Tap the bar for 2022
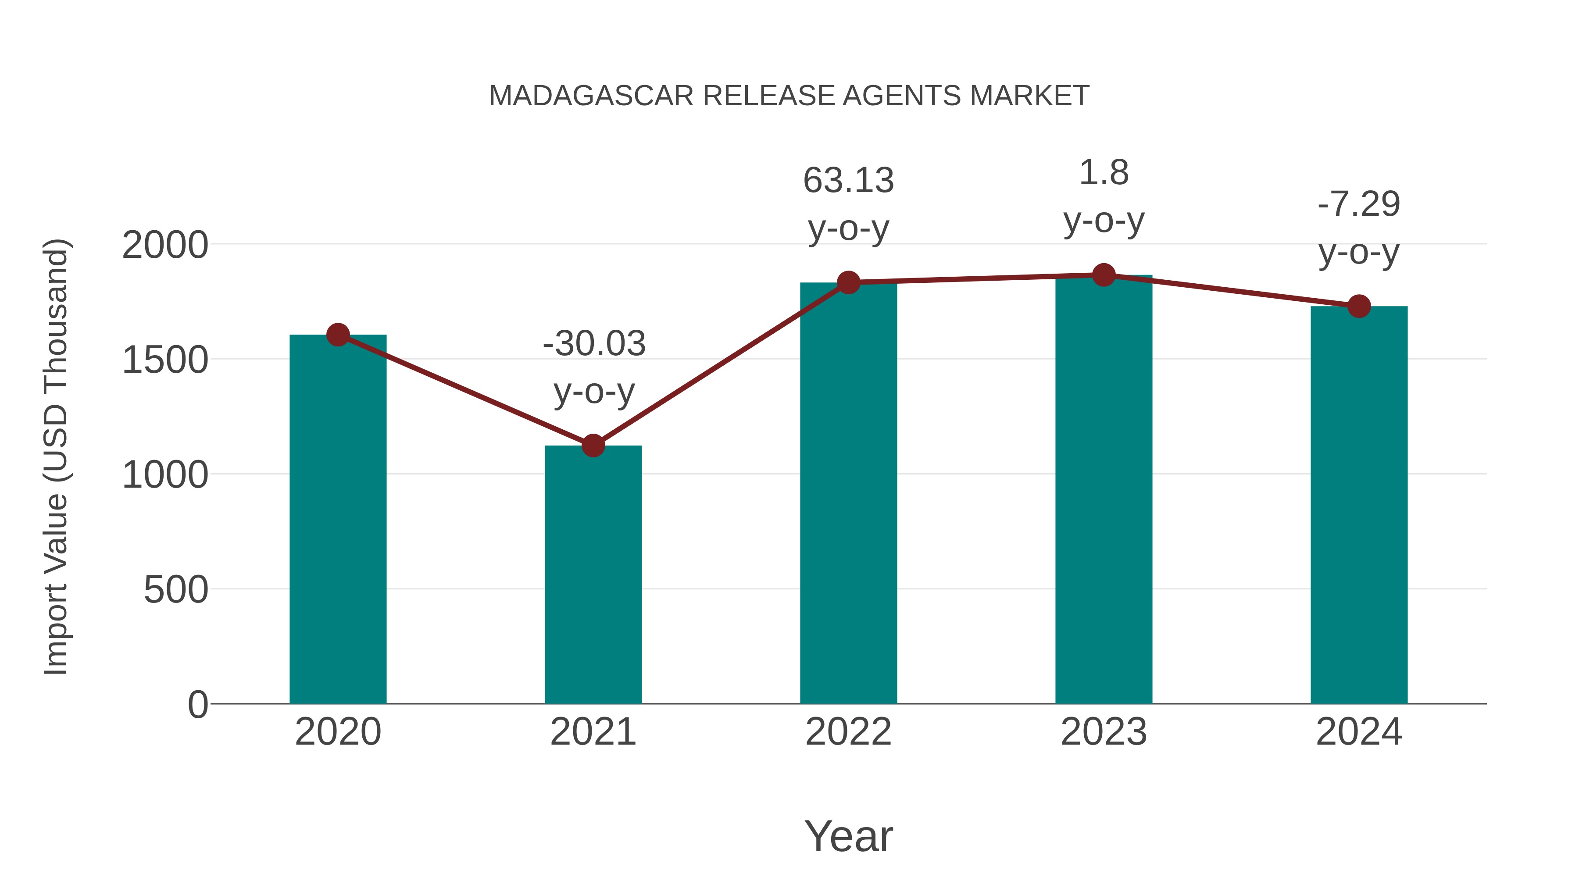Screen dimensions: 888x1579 click(x=848, y=493)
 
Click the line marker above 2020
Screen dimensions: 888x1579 click(x=338, y=335)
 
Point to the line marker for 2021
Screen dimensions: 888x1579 click(x=593, y=446)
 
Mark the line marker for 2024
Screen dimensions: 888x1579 click(x=1359, y=306)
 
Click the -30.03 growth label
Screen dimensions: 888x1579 click(x=594, y=343)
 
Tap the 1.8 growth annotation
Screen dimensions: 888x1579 click(x=1104, y=173)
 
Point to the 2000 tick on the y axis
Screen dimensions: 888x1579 click(x=165, y=245)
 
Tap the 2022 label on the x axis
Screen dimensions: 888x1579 click(x=848, y=732)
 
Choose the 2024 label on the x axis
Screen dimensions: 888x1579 click(x=1359, y=732)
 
